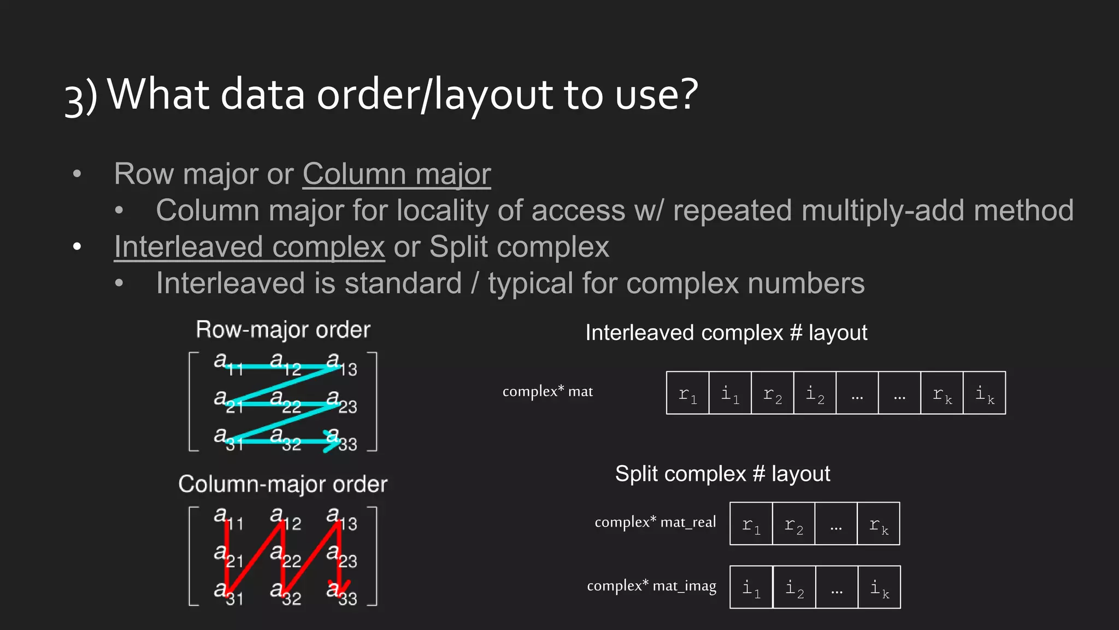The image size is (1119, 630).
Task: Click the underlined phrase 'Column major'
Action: [397, 174]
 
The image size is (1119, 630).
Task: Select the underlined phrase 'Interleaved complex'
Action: [250, 247]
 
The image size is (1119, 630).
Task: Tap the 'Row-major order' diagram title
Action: [283, 330]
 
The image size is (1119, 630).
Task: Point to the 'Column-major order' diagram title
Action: [283, 485]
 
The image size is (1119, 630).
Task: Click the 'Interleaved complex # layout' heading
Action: [726, 333]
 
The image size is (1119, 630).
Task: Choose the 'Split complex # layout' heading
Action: [722, 474]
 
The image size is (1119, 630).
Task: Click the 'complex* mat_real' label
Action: [655, 522]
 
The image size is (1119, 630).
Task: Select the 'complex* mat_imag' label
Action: [651, 586]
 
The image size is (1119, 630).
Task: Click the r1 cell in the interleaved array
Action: [687, 393]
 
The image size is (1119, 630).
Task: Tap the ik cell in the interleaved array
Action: [985, 393]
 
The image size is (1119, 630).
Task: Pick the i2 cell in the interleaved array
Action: [815, 393]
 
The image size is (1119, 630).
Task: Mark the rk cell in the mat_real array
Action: [879, 524]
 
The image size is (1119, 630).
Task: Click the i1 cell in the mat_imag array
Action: [751, 587]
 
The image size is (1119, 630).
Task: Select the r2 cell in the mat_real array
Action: [793, 524]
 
